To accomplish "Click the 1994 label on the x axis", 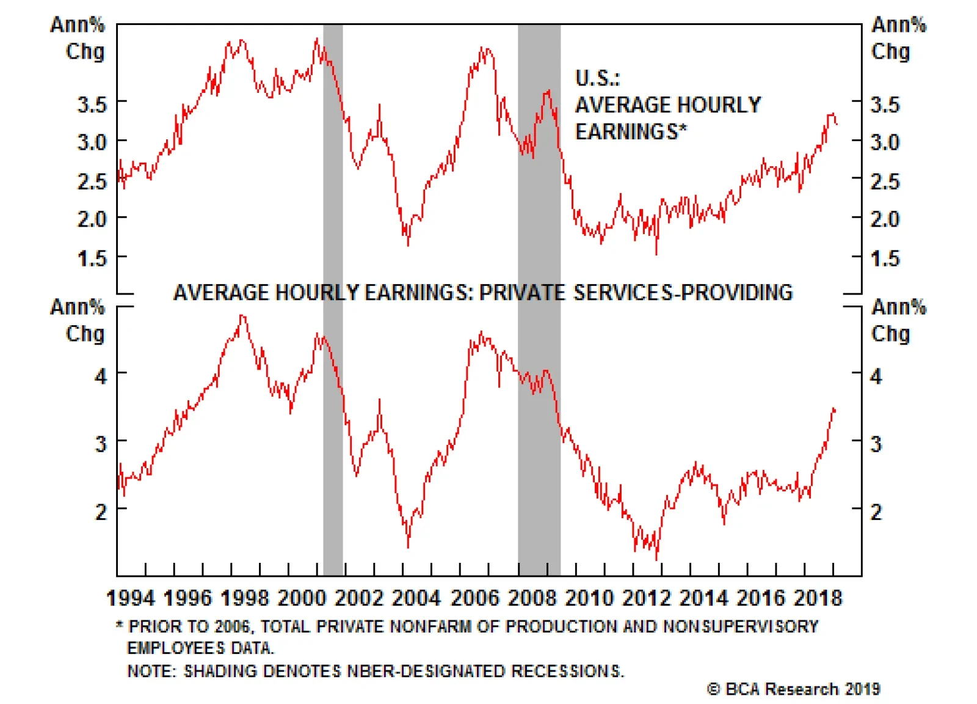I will (x=130, y=598).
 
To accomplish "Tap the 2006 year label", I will (x=474, y=598).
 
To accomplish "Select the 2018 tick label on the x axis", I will (x=818, y=598).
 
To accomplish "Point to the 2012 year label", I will (x=647, y=598).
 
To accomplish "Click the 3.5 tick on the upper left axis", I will (x=92, y=105).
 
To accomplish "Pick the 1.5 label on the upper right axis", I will (x=885, y=258).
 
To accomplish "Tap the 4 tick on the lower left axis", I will (x=101, y=376).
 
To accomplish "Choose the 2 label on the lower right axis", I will (x=876, y=512).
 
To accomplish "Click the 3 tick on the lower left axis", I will (x=101, y=444).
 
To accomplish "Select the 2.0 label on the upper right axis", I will (x=885, y=219).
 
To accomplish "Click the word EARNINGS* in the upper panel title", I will (x=631, y=131).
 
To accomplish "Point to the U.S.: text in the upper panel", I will (x=597, y=78).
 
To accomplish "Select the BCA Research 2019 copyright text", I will (x=794, y=689).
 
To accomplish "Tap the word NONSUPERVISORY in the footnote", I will (x=740, y=626).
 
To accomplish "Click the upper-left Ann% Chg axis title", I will (x=78, y=38).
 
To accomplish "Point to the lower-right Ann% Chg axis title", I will (x=898, y=320).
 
